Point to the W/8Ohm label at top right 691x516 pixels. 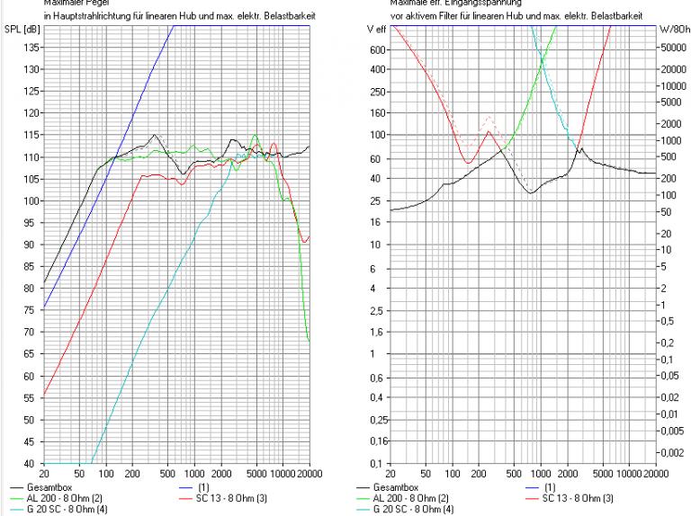click(674, 30)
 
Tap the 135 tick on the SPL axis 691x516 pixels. click(31, 69)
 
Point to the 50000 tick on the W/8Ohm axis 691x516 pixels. click(673, 51)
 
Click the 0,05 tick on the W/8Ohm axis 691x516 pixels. click(670, 377)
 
